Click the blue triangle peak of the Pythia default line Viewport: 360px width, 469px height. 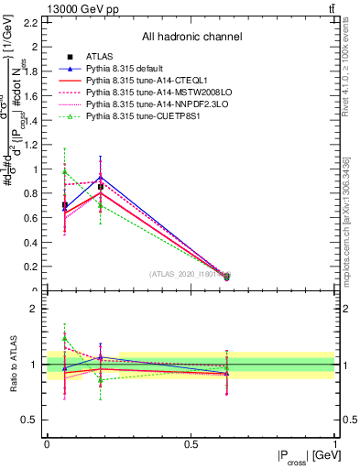(101, 178)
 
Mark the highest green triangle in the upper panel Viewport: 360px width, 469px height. (64, 171)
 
